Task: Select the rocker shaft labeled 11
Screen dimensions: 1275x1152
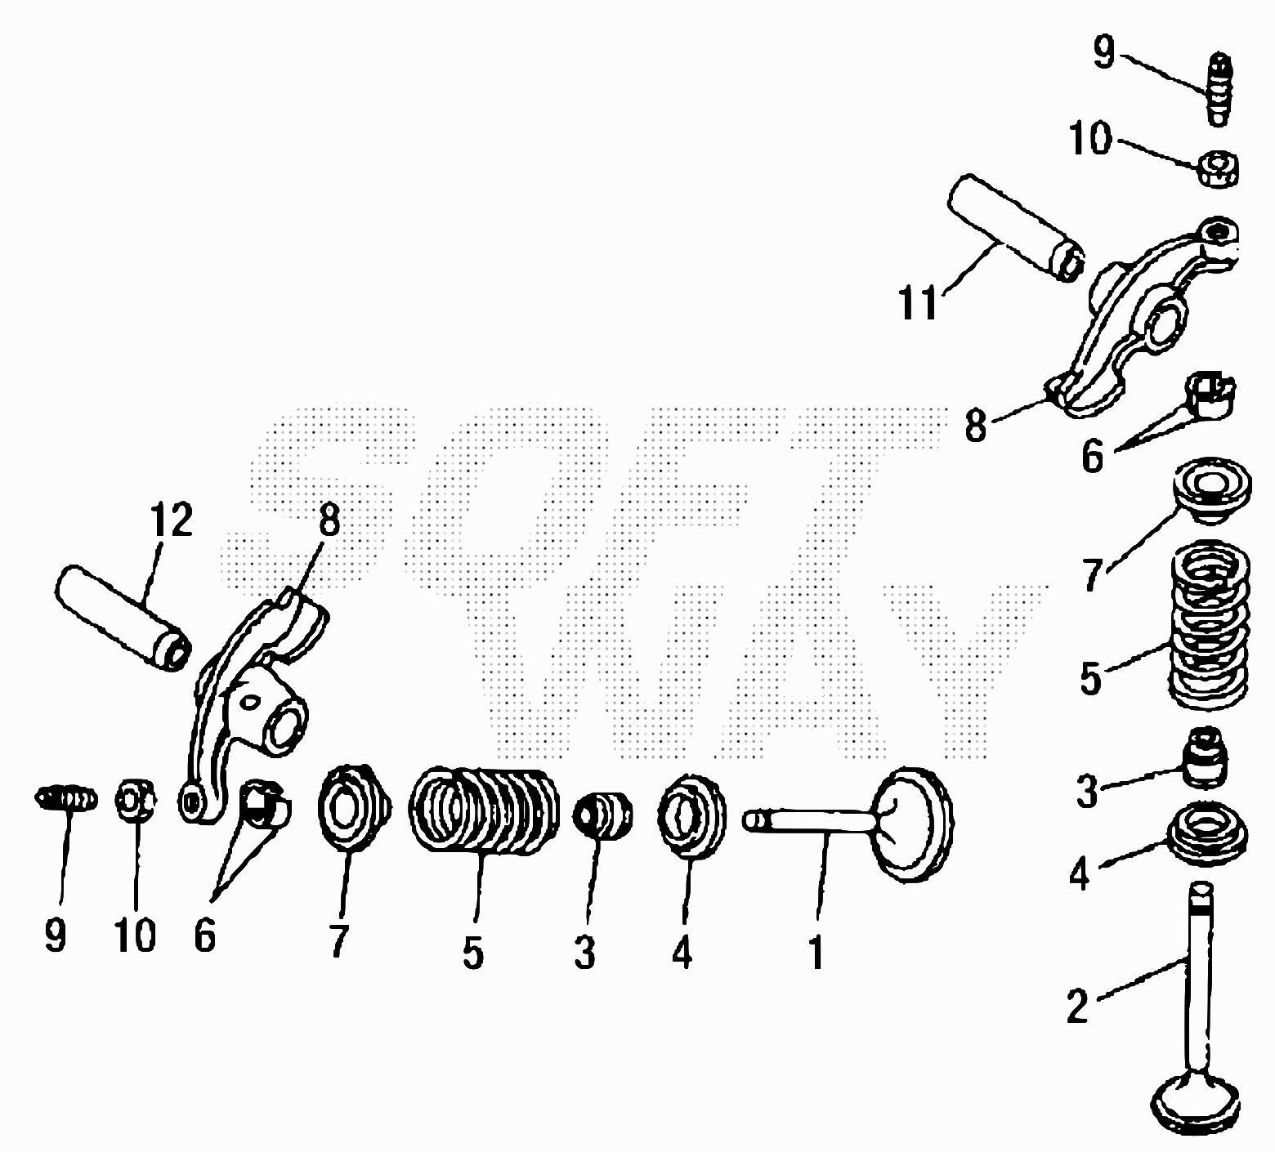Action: point(1016,226)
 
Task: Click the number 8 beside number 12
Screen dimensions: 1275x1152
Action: point(329,519)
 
